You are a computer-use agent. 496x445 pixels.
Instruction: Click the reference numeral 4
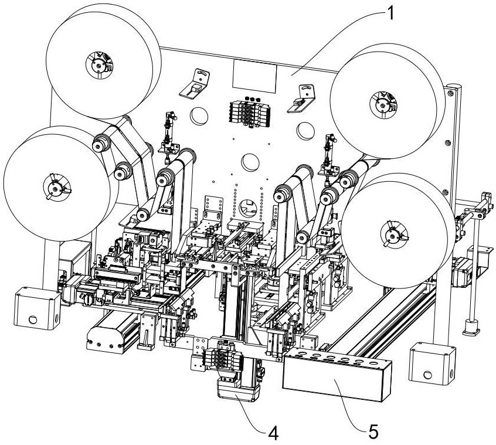click(x=273, y=434)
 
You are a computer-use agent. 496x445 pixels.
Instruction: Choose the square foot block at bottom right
click(x=432, y=361)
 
